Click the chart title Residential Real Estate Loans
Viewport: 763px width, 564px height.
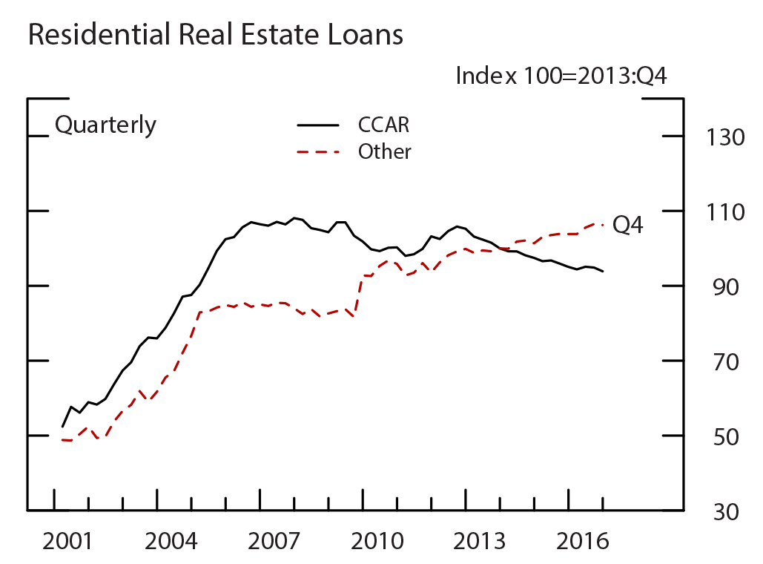tap(215, 35)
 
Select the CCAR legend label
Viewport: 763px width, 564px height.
tap(383, 125)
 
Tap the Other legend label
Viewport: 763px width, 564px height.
tap(384, 152)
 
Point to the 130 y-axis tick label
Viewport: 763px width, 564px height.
tap(715, 138)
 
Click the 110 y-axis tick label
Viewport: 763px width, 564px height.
tap(715, 213)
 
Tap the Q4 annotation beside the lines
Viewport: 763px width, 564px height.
tap(628, 226)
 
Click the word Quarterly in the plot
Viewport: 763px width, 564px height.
tap(105, 125)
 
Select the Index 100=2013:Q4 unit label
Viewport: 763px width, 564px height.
tap(561, 76)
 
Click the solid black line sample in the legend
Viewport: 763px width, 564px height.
tap(317, 125)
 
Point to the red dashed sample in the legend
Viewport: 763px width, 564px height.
tap(317, 152)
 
